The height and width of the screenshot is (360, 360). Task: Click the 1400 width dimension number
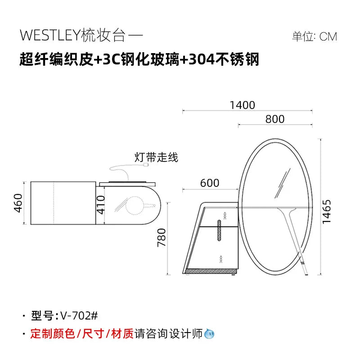click(242, 105)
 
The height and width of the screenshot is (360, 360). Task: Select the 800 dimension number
click(275, 119)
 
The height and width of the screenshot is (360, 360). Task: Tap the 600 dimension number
click(210, 183)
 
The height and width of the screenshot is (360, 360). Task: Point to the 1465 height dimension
click(327, 211)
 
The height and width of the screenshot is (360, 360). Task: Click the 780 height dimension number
click(162, 238)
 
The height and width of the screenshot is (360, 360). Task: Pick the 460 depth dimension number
click(18, 203)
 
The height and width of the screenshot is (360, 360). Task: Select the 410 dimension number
click(100, 205)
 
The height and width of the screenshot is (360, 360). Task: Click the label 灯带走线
click(156, 157)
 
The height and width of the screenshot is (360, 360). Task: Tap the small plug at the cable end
click(145, 165)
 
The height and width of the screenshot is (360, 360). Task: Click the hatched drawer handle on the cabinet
click(219, 230)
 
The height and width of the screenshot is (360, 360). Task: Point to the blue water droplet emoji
click(209, 333)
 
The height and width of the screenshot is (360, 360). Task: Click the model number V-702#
click(79, 316)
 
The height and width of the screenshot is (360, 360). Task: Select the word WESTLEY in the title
click(50, 36)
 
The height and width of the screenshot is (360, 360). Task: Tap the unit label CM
click(328, 37)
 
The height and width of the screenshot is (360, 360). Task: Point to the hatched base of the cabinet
click(211, 271)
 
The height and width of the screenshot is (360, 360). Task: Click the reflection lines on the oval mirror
click(283, 183)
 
